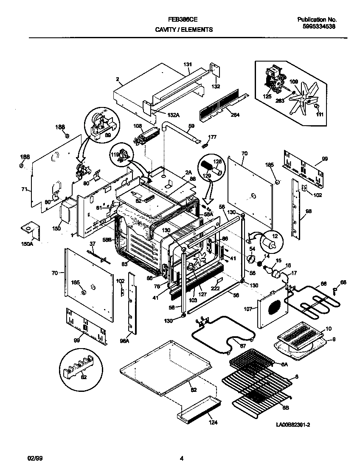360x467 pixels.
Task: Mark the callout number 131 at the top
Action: pyautogui.click(x=188, y=64)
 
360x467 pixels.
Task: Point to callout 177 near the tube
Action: pyautogui.click(x=212, y=137)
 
